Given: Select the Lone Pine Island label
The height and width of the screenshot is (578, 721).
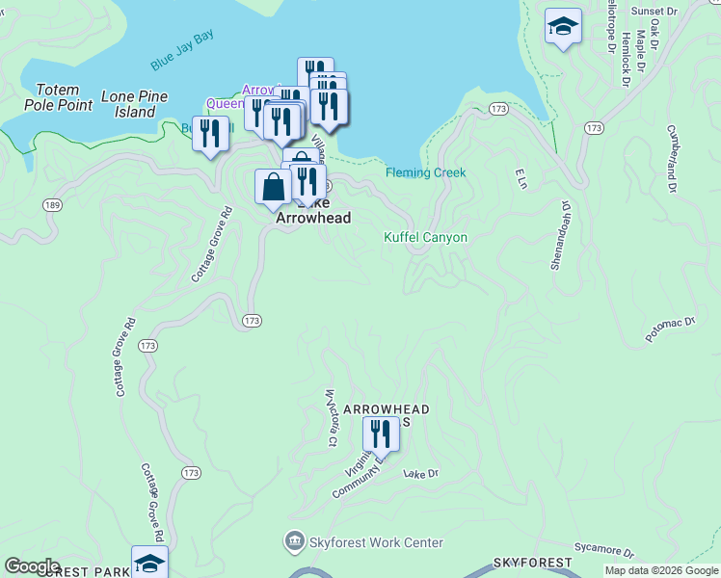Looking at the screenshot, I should pos(134,104).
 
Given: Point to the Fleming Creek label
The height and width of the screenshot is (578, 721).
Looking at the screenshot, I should pos(425,173).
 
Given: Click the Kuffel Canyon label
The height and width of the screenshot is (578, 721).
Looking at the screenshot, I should pos(425,237).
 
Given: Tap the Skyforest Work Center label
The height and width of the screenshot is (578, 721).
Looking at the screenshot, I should pos(376,543).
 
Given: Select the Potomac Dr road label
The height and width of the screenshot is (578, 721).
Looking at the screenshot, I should pos(670,331).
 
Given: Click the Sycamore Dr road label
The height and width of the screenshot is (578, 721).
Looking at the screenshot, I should pos(602,550).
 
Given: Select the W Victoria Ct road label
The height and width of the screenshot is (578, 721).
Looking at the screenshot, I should pos(330,418).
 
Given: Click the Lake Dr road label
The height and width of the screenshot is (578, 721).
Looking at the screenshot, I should pos(421,474).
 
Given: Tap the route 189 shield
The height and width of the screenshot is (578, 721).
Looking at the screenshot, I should pos(52,205).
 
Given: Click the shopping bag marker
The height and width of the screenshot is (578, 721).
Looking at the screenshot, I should pos(273,186).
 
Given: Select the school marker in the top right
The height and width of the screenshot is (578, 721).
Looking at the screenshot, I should pos(563,26).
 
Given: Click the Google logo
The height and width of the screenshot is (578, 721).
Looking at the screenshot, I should pos(32,566).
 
